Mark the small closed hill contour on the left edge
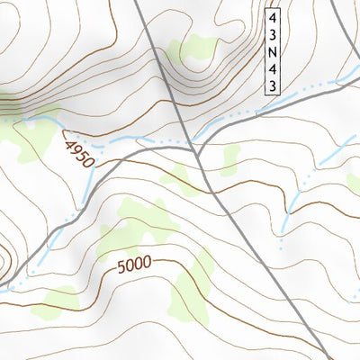(x=4, y=256)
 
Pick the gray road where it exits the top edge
(x=138, y=3)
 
